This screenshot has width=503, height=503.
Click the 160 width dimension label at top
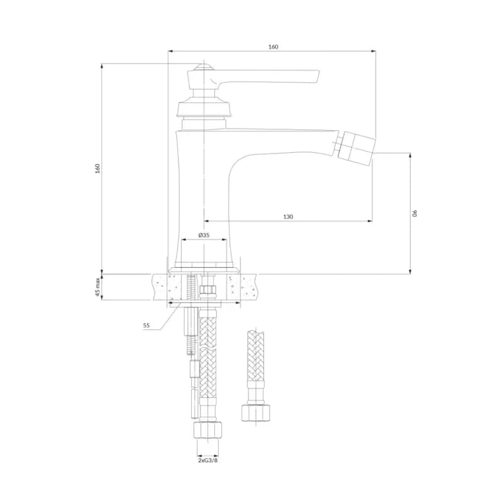(x=274, y=47)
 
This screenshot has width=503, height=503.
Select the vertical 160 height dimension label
(x=97, y=169)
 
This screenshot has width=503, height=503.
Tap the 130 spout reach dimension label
(x=288, y=217)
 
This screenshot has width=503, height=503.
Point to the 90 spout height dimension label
(x=414, y=213)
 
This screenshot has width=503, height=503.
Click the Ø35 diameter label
(x=204, y=235)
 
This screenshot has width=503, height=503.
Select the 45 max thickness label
(x=98, y=287)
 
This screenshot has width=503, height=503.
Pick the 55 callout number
(x=146, y=325)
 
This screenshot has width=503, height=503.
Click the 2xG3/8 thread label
(x=207, y=461)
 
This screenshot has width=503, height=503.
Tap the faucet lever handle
(x=253, y=78)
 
